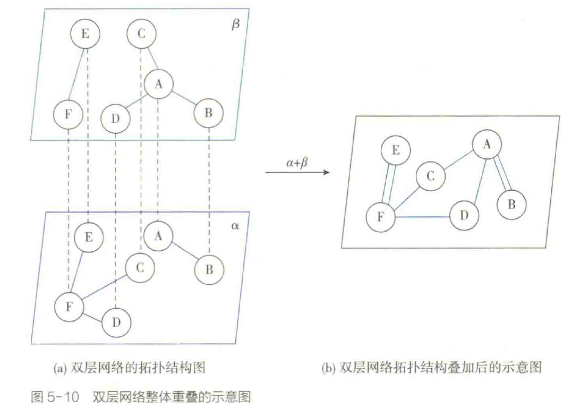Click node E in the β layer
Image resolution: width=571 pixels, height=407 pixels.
[x=85, y=34]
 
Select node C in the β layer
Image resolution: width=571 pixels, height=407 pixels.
[x=141, y=34]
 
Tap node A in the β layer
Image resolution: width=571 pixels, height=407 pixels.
[x=158, y=84]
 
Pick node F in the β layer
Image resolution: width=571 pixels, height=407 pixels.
[x=68, y=114]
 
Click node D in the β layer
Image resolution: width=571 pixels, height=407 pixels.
[x=115, y=117]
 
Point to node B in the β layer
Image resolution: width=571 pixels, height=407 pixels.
[x=209, y=113]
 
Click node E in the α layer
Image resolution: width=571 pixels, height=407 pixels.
[x=88, y=238]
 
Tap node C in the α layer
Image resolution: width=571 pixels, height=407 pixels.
[x=140, y=268]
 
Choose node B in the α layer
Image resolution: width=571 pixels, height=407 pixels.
[x=209, y=269]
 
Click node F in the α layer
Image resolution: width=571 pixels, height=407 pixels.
[x=69, y=307]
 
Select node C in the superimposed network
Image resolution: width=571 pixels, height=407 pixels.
[x=431, y=176]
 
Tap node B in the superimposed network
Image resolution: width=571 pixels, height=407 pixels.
[x=512, y=204]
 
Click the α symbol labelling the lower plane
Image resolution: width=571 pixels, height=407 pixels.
[x=235, y=226]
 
